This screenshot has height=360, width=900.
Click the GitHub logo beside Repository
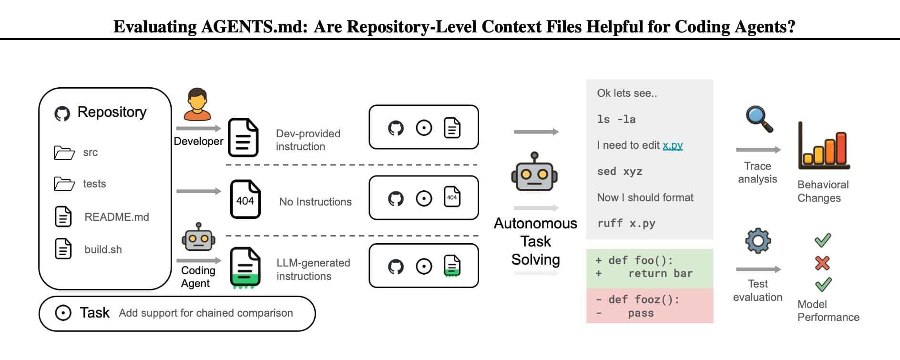tap(62, 113)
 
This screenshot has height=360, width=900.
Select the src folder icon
tap(64, 153)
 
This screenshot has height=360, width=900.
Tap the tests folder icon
tap(64, 184)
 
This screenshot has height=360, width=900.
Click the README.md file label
tap(117, 217)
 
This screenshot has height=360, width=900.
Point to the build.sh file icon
tap(63, 249)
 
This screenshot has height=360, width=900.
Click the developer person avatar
tap(197, 104)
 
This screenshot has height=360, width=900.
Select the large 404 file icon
tap(245, 199)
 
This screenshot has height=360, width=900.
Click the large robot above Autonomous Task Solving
tap(534, 172)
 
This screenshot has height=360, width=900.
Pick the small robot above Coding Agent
tap(198, 237)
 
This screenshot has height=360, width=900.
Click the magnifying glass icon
tap(759, 119)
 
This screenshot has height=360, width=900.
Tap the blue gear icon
tap(758, 241)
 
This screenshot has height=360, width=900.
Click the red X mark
tap(822, 263)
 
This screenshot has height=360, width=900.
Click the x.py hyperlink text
tap(673, 145)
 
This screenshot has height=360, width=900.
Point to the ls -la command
tap(616, 119)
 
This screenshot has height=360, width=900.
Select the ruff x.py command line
tap(626, 223)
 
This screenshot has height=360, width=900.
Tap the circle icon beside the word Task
tap(63, 313)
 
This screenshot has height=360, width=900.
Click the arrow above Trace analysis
tap(758, 150)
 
